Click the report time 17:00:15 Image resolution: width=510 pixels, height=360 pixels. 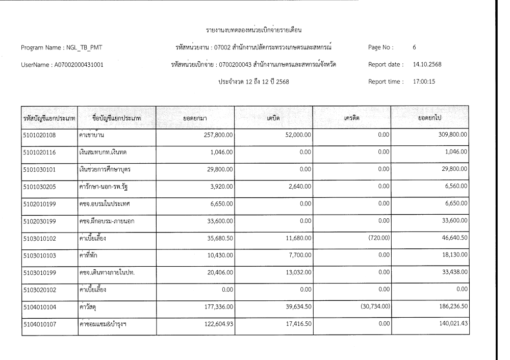pyautogui.click(x=423, y=81)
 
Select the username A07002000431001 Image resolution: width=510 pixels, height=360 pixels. pyautogui.click(x=82, y=64)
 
